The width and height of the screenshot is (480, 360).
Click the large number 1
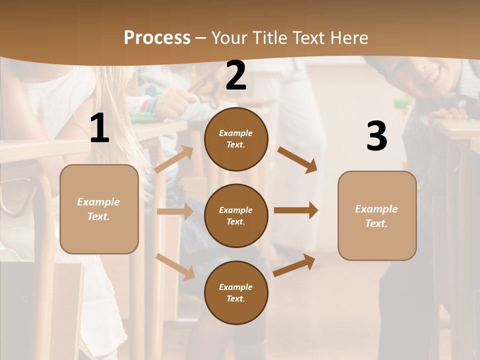pyautogui.click(x=99, y=128)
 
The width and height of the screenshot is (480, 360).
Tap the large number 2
pyautogui.click(x=236, y=75)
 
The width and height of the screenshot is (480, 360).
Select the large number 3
pyautogui.click(x=376, y=136)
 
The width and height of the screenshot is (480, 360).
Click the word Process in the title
pyautogui.click(x=157, y=37)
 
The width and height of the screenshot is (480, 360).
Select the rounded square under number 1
pyautogui.click(x=99, y=209)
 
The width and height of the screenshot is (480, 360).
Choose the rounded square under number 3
pyautogui.click(x=377, y=215)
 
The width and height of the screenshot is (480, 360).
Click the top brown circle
pyautogui.click(x=236, y=139)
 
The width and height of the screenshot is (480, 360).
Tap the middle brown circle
pyautogui.click(x=236, y=215)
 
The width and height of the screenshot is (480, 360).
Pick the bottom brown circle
pyautogui.click(x=236, y=292)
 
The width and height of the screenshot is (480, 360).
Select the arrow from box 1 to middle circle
pyautogui.click(x=175, y=211)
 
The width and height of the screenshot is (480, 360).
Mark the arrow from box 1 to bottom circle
pyautogui.click(x=175, y=266)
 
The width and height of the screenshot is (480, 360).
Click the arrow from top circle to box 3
pyautogui.click(x=297, y=160)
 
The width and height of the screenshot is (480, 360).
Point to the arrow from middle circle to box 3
pyautogui.click(x=296, y=210)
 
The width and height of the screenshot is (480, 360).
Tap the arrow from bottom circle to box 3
pyautogui.click(x=294, y=265)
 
